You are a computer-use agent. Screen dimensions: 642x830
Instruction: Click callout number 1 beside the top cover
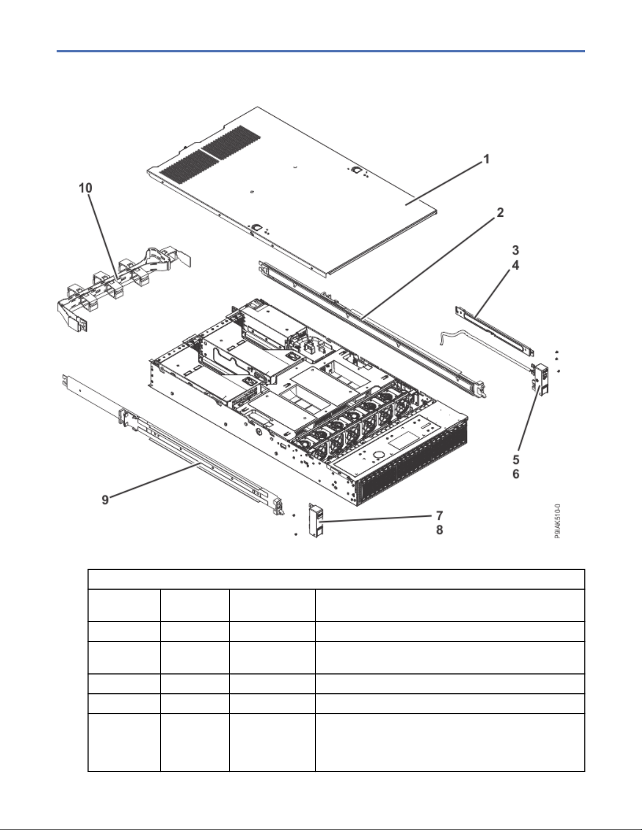click(486, 159)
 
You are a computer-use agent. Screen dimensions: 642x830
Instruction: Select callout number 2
click(500, 213)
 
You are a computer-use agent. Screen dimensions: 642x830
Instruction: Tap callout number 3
click(516, 250)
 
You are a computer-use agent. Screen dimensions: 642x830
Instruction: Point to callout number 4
click(516, 265)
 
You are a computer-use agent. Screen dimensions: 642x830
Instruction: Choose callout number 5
click(516, 459)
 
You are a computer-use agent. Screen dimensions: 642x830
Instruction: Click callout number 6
click(516, 473)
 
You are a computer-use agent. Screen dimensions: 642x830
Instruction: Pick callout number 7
click(440, 516)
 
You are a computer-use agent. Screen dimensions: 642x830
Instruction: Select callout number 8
click(440, 530)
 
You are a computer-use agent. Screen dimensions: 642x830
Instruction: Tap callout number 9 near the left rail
click(105, 500)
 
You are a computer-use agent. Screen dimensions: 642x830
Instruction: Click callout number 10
click(85, 188)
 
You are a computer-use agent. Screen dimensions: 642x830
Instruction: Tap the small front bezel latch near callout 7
click(316, 521)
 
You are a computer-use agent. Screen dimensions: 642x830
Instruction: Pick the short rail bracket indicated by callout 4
click(494, 330)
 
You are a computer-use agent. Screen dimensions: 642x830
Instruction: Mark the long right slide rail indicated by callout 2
click(373, 328)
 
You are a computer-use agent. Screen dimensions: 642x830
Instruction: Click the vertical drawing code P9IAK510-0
click(558, 522)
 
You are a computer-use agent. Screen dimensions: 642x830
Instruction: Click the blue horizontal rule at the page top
click(321, 51)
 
